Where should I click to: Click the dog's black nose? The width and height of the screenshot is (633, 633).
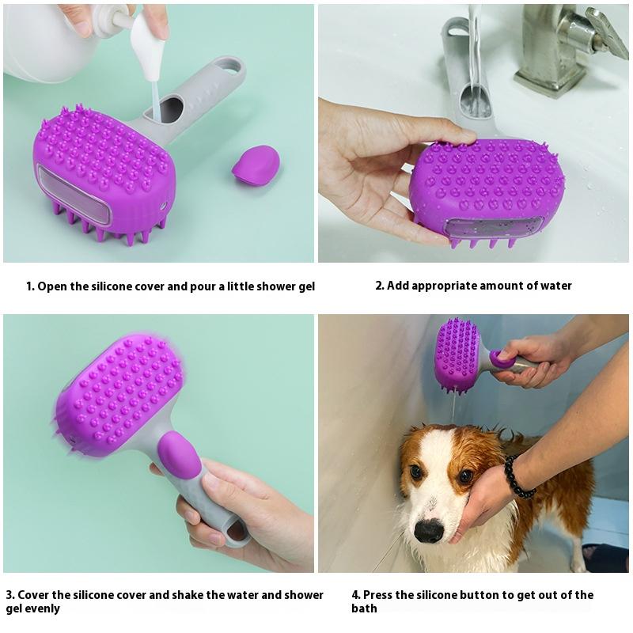[x=429, y=530]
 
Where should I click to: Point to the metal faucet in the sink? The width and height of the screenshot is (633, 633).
[x=558, y=47]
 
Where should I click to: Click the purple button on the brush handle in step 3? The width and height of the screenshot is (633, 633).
[x=179, y=455]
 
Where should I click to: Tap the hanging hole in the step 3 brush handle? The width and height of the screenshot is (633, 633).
[x=235, y=531]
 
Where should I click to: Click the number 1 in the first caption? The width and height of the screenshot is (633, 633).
[x=29, y=286]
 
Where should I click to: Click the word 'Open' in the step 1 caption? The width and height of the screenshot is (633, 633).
[x=52, y=286]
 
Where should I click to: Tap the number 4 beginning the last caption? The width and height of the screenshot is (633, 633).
[x=355, y=595]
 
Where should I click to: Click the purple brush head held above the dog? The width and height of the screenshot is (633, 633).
[x=457, y=354]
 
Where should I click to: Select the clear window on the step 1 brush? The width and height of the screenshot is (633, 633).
[x=73, y=195]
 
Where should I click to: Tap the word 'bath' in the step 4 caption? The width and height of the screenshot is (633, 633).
[x=365, y=608]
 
